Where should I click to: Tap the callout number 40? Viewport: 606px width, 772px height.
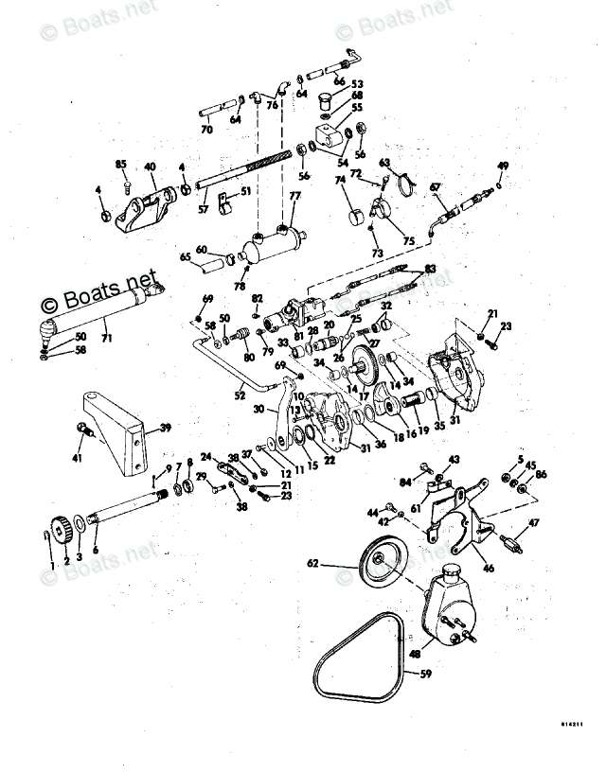pyautogui.click(x=150, y=167)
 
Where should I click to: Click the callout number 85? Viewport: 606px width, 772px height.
pyautogui.click(x=121, y=165)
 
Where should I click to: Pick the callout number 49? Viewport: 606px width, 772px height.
pyautogui.click(x=503, y=166)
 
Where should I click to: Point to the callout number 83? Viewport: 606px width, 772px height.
pyautogui.click(x=431, y=269)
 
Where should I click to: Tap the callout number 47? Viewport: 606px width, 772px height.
pyautogui.click(x=534, y=523)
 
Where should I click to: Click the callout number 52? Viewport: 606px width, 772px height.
pyautogui.click(x=241, y=395)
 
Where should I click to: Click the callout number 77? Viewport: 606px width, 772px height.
pyautogui.click(x=294, y=197)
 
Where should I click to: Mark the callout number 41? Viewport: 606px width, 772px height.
pyautogui.click(x=77, y=459)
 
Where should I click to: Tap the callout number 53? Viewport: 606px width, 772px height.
pyautogui.click(x=358, y=84)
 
